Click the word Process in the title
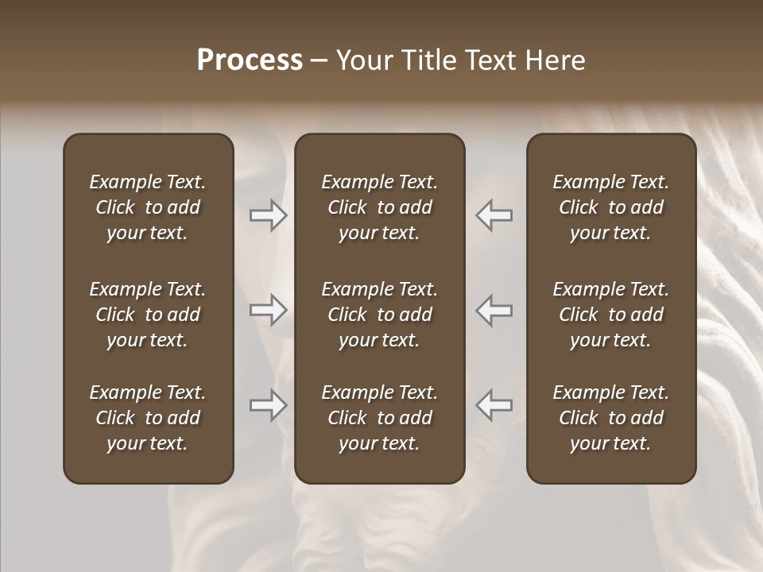click(250, 60)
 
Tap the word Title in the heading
click(428, 60)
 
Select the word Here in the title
click(556, 60)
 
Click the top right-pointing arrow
click(269, 214)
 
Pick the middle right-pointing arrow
click(269, 310)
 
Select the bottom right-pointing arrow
click(269, 405)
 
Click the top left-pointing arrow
click(494, 214)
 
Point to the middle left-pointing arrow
click(494, 310)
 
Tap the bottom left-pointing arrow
click(494, 405)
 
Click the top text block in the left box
click(148, 207)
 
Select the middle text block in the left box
click(148, 315)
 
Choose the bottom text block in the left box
click(148, 418)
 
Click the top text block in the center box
click(379, 207)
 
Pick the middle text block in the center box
click(379, 315)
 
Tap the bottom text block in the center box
click(379, 418)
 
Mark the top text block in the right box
click(610, 207)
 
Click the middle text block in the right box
click(610, 315)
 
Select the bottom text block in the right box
click(610, 418)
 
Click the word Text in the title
click(491, 60)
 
